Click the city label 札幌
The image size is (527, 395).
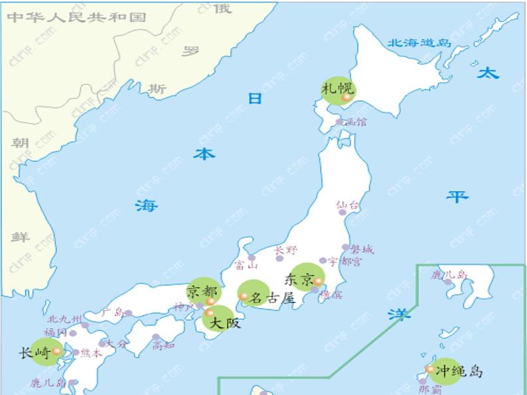tap(337, 87)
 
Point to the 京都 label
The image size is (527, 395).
tap(200, 291)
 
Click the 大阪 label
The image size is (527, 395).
tap(225, 323)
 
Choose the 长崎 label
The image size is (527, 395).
tap(35, 353)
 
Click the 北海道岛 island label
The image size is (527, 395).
tap(419, 43)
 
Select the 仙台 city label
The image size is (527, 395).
tap(347, 205)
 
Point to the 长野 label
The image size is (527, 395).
tap(286, 251)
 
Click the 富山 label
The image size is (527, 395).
tap(246, 266)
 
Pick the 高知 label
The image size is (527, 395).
tap(163, 345)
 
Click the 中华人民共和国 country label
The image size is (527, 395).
tap(76, 17)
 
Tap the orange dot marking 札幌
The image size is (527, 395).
tap(346, 98)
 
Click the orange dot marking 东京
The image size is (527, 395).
tap(317, 282)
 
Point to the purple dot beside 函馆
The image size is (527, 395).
tap(339, 122)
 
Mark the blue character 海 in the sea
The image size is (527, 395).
tap(147, 205)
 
